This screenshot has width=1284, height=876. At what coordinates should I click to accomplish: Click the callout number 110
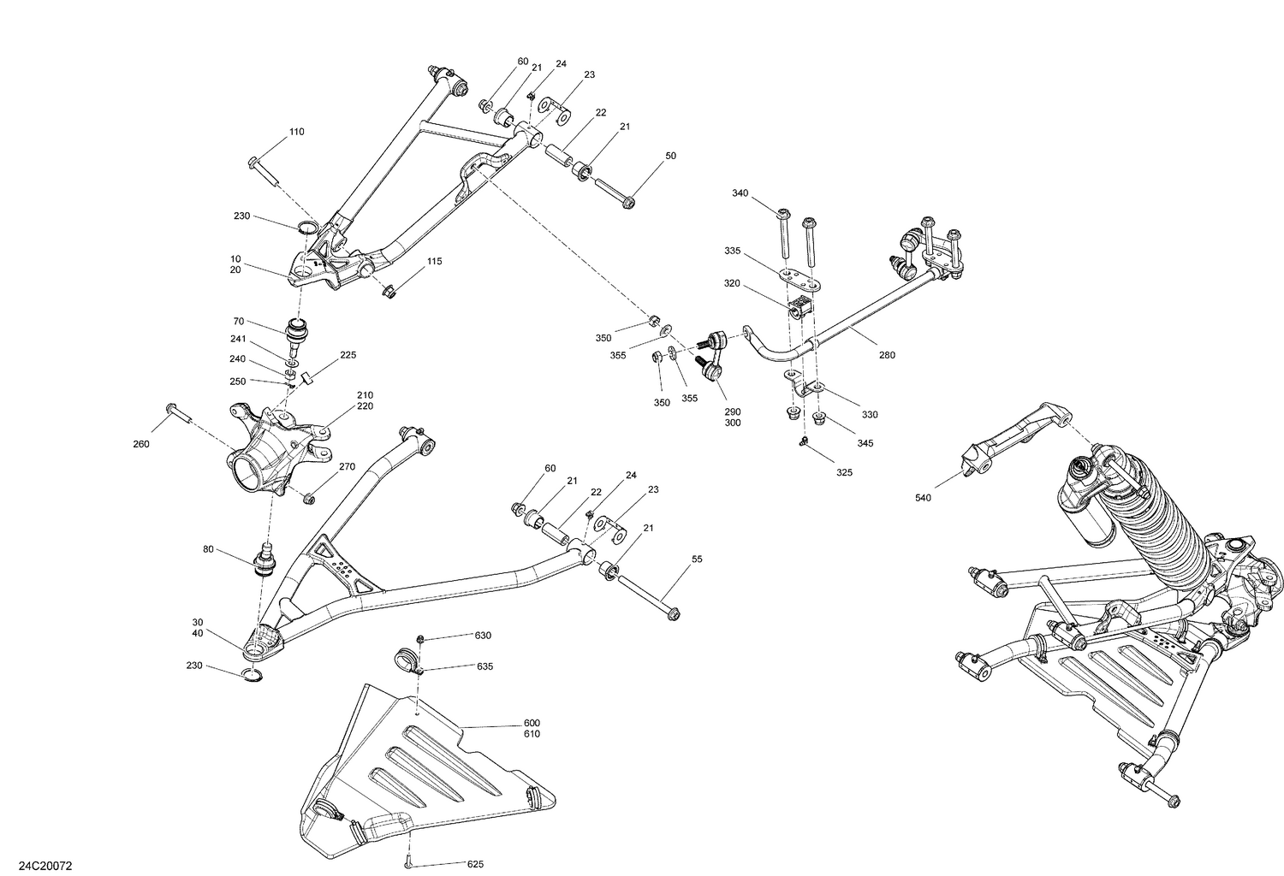(296, 132)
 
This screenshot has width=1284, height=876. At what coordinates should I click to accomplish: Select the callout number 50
(670, 156)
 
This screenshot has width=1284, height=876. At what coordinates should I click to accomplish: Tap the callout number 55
(697, 559)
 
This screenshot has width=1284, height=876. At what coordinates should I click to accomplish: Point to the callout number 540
(923, 497)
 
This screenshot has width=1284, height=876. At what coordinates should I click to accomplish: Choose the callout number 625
(475, 864)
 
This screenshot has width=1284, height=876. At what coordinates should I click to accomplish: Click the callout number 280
(887, 354)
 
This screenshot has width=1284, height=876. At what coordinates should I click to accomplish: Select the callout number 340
(740, 193)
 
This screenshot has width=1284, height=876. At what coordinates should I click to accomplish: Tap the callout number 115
(435, 261)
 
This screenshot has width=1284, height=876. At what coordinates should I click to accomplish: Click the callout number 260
(141, 443)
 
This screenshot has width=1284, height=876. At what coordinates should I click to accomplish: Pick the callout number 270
(347, 467)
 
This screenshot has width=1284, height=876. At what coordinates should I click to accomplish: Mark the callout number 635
(484, 666)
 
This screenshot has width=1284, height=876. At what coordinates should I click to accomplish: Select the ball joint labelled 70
(300, 334)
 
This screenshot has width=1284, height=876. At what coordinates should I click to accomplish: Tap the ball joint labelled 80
(265, 560)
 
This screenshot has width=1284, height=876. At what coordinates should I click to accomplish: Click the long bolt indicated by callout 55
(646, 599)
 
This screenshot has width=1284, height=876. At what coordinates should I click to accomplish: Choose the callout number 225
(348, 355)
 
